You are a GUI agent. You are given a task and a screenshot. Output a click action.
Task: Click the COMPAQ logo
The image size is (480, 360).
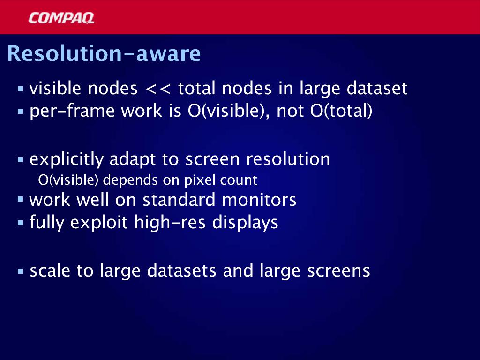(x=61, y=18)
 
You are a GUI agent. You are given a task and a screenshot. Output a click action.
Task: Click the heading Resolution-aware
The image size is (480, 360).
(x=104, y=53)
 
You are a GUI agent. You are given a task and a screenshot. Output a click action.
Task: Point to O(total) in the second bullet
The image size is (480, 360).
(x=341, y=111)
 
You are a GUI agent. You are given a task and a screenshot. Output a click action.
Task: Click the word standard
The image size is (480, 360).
(x=179, y=200)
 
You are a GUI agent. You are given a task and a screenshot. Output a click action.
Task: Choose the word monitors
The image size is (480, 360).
(x=259, y=200)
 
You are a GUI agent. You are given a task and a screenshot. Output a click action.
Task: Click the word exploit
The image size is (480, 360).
(x=98, y=222)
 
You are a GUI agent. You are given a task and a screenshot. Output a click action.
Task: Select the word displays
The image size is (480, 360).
(x=245, y=223)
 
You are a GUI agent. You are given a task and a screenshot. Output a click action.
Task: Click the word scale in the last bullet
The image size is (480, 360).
(x=50, y=270)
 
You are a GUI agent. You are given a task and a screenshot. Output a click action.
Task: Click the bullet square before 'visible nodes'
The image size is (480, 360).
(x=21, y=89)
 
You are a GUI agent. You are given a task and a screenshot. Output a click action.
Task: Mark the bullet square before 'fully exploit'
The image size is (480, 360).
(x=21, y=223)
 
